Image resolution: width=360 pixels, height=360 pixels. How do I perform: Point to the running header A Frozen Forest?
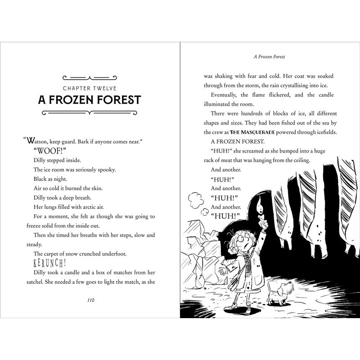pyautogui.click(x=270, y=57)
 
